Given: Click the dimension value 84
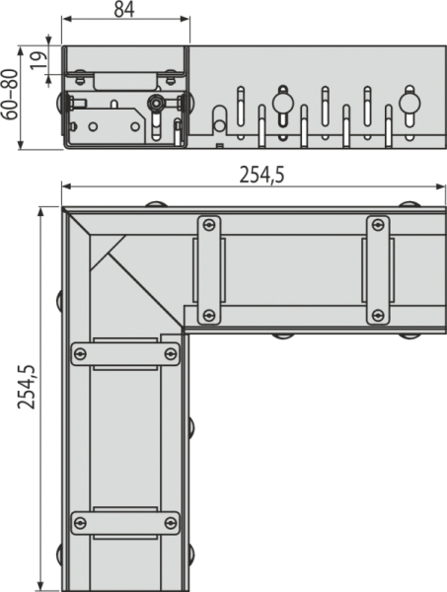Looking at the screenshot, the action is pyautogui.click(x=124, y=10).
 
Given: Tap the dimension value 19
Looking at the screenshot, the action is pyautogui.click(x=39, y=60).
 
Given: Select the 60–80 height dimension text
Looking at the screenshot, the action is pyautogui.click(x=10, y=95).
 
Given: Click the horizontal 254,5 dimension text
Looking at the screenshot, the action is pyautogui.click(x=261, y=176).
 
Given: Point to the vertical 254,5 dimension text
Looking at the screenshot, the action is pyautogui.click(x=27, y=388).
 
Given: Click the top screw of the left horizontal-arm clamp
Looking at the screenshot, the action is pyautogui.click(x=209, y=225).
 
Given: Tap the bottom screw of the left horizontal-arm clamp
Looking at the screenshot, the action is pyautogui.click(x=209, y=315).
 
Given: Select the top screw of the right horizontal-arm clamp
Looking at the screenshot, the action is pyautogui.click(x=378, y=225).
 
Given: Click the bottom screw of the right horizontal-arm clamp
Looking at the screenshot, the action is pyautogui.click(x=378, y=315).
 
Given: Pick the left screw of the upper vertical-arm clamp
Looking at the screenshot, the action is pyautogui.click(x=80, y=354).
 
